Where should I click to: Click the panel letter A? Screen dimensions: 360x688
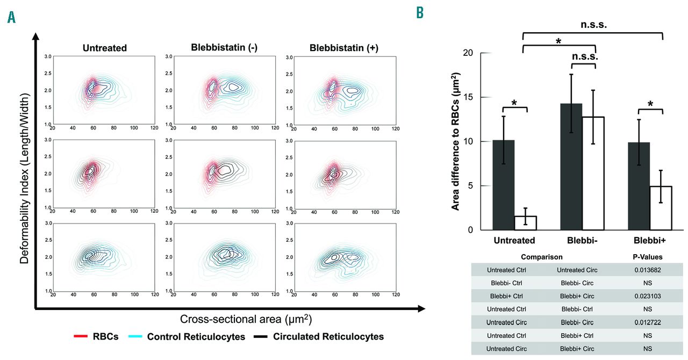(11, 17)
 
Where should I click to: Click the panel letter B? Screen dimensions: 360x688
(420, 13)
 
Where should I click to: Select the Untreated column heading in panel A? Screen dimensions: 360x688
(105, 48)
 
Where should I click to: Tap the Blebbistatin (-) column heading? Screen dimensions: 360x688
(224, 47)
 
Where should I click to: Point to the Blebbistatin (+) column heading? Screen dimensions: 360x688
(344, 47)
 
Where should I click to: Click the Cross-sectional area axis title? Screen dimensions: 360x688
(246, 319)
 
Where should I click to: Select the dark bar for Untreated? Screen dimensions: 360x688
(503, 185)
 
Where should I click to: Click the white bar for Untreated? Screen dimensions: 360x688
(525, 223)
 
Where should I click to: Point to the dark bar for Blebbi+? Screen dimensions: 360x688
(639, 186)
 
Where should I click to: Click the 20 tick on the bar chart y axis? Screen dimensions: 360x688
(469, 53)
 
